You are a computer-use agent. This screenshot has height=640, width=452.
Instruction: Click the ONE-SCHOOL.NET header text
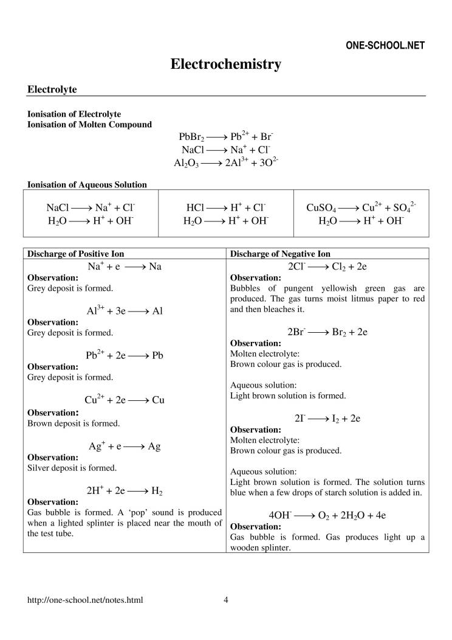[385, 46]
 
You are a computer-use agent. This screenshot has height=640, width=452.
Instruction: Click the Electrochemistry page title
[225, 64]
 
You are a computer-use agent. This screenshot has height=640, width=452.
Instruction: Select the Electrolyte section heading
[52, 89]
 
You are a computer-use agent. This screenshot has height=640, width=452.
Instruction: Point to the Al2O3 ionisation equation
[225, 162]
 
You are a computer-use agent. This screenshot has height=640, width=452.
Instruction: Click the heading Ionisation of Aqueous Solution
[87, 184]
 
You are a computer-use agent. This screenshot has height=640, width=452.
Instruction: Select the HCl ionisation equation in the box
[225, 207]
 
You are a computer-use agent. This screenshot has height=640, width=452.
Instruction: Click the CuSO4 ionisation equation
[361, 207]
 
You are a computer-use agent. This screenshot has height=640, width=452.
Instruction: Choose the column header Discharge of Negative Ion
[281, 254]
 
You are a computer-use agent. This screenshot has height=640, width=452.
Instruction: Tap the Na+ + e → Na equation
[125, 266]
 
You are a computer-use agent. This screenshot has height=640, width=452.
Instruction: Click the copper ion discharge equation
[125, 400]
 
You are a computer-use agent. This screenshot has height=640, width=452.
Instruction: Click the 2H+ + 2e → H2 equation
[125, 490]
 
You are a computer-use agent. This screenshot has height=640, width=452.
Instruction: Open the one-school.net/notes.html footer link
[86, 600]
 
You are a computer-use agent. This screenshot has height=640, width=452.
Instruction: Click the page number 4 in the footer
[226, 600]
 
